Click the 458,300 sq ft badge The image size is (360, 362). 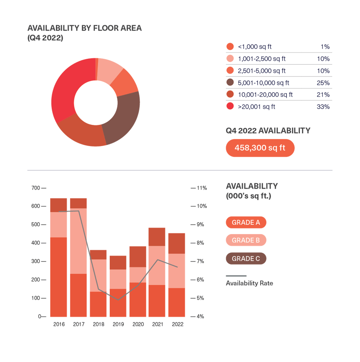pos(260,148)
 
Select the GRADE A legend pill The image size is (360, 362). pos(246,222)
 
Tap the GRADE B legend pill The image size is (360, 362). pos(246,240)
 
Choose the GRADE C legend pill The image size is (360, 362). pos(246,259)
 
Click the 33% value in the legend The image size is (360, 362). pos(323,107)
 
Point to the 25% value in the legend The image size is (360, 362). pos(323,83)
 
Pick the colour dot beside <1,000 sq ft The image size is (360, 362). pos(230,47)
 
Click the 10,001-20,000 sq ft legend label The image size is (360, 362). pos(265,95)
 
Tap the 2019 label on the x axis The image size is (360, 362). pos(118,325)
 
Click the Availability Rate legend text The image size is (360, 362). pos(249,283)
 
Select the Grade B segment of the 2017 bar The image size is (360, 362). pos(78,241)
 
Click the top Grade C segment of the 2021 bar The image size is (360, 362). pos(157,237)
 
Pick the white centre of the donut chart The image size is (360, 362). pos(96,102)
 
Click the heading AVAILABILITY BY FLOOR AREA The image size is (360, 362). pos(85,29)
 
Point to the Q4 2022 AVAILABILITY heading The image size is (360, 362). pos(268,131)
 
